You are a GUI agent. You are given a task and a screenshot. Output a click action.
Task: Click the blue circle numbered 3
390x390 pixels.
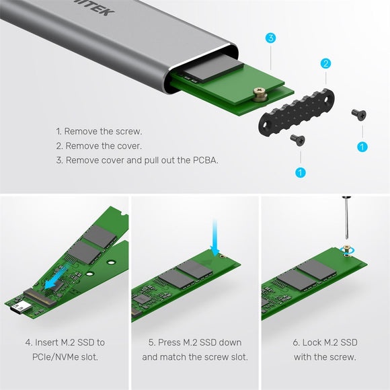pyautogui.click(x=270, y=38)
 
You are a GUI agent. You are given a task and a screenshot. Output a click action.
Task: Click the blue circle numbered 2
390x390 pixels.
pyautogui.click(x=325, y=64)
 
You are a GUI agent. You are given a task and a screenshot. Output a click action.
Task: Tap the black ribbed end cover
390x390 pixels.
pyautogui.click(x=297, y=112)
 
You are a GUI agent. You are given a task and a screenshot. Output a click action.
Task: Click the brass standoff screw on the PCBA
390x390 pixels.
pyautogui.click(x=260, y=94)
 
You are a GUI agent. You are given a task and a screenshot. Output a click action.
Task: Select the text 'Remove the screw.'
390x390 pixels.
pyautogui.click(x=103, y=131)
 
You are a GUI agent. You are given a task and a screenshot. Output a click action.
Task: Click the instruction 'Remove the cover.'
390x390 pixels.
pyautogui.click(x=104, y=146)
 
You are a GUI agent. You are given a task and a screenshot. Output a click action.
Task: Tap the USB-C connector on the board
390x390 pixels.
pyautogui.click(x=20, y=308)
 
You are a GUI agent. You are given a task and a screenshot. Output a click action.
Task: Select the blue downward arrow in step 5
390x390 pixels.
pyautogui.click(x=214, y=237)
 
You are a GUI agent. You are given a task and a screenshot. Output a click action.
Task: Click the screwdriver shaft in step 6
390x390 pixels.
pyautogui.click(x=346, y=219)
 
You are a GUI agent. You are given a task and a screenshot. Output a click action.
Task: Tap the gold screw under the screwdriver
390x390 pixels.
pyautogui.click(x=346, y=249)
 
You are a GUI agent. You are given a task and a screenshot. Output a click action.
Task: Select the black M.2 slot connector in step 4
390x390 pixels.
pyautogui.click(x=40, y=297)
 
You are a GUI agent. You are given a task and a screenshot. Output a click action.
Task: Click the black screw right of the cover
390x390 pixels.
pyautogui.click(x=359, y=114)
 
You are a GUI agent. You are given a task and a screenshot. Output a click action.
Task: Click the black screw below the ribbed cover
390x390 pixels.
pyautogui.click(x=298, y=140)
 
